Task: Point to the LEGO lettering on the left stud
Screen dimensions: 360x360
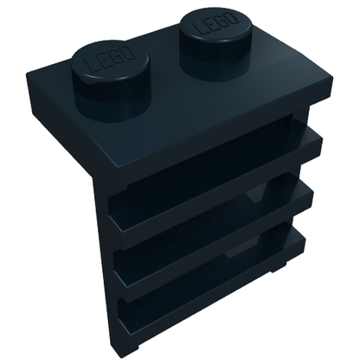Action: [x=109, y=61]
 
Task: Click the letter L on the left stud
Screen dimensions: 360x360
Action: [x=88, y=67]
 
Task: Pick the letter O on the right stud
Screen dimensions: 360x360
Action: [x=233, y=18]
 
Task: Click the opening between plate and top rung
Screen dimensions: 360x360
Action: [x=208, y=150]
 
